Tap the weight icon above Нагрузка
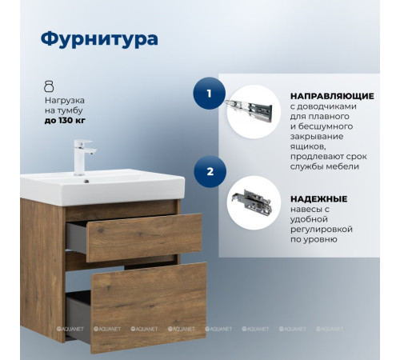coord(49,86)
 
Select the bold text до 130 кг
coord(65,120)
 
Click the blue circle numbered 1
coord(210,94)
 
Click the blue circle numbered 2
coord(210,170)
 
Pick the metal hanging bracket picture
coord(253,203)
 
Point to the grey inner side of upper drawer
coord(76,237)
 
